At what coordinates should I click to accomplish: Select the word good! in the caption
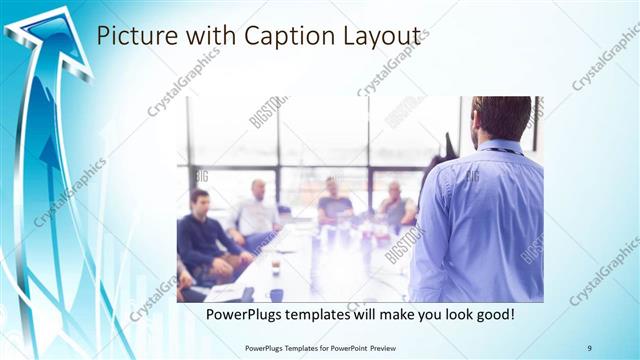point(493,315)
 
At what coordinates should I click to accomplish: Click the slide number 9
point(589,347)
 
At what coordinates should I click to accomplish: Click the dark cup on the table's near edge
point(276,294)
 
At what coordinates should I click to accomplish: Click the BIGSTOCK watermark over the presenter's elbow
point(405,245)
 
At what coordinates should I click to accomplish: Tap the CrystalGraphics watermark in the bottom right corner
point(604,270)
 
